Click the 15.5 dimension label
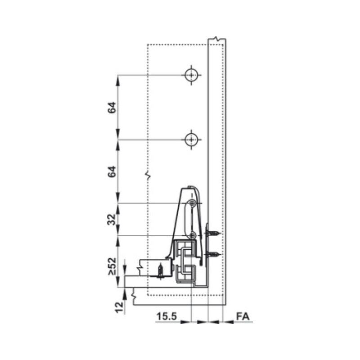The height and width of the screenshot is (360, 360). (166, 316)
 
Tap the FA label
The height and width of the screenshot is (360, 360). (243, 316)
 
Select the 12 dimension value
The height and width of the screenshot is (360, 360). (118, 307)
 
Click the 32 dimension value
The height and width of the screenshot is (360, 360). (112, 220)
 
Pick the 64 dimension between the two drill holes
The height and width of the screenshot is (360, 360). (112, 107)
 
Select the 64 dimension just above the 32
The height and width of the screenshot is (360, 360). (112, 171)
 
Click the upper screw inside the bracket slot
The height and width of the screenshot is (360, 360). (193, 204)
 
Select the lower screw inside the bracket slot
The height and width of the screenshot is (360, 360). (193, 235)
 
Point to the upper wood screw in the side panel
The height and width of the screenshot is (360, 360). (213, 233)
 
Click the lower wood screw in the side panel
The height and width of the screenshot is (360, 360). (213, 255)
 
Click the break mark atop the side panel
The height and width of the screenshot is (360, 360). (217, 40)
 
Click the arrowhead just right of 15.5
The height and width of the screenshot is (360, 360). (187, 322)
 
